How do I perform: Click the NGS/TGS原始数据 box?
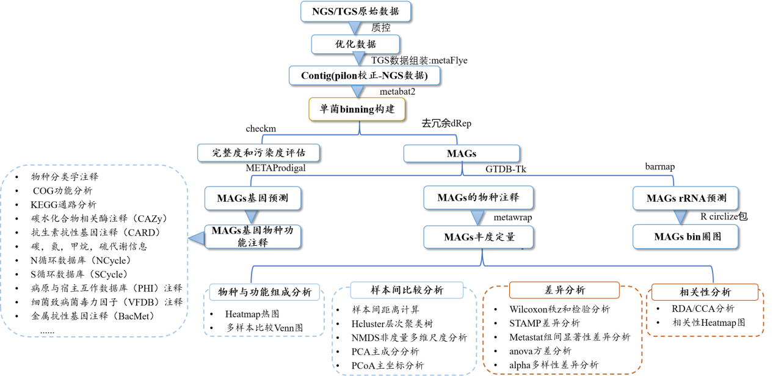pyautogui.click(x=355, y=11)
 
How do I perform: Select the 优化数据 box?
pyautogui.click(x=355, y=44)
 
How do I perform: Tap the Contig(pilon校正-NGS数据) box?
pyautogui.click(x=364, y=75)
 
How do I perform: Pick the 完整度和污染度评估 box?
pyautogui.click(x=259, y=152)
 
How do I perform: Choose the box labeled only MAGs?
pyautogui.click(x=462, y=153)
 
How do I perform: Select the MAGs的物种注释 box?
pyautogui.click(x=479, y=197)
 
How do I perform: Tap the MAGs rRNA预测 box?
pyautogui.click(x=685, y=198)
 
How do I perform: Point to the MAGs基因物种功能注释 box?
pyautogui.click(x=253, y=237)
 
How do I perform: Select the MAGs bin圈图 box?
pyautogui.click(x=685, y=237)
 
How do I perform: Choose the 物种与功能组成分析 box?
pyautogui.click(x=264, y=292)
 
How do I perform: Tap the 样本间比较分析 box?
pyautogui.click(x=407, y=290)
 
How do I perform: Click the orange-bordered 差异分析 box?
pyautogui.click(x=564, y=290)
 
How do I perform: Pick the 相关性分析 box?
pyautogui.click(x=705, y=292)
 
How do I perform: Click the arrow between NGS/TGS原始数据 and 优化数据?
pyautogui.click(x=354, y=28)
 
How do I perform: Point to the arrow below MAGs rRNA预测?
pyautogui.click(x=680, y=217)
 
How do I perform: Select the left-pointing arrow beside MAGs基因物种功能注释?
pyautogui.click(x=196, y=238)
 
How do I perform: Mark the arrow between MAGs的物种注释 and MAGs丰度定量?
pyautogui.click(x=477, y=217)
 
